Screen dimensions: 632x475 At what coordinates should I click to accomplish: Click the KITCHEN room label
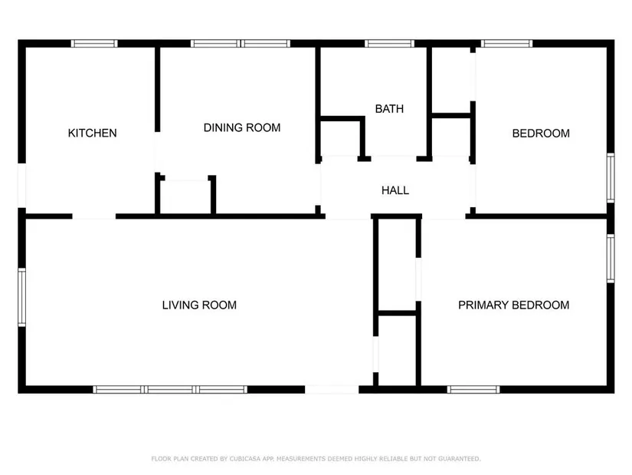coord(92,133)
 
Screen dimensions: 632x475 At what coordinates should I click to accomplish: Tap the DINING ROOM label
coord(242,127)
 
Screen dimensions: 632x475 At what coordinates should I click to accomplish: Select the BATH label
coord(389,109)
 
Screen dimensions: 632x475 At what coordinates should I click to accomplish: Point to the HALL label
coord(395,190)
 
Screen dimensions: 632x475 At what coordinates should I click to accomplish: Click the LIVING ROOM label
coord(199,305)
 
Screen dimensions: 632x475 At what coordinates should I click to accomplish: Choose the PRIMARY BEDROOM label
coord(513,305)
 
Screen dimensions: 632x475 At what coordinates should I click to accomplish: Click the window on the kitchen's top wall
coord(94,43)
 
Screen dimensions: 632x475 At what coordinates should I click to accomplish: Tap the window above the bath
coord(389,43)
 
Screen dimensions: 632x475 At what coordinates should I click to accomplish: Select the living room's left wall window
coord(21,297)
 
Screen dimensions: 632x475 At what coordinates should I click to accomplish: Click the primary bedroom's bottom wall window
coord(473,389)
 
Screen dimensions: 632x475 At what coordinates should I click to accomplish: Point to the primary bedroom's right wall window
coord(611,258)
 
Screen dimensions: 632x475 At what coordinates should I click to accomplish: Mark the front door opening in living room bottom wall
coord(332,389)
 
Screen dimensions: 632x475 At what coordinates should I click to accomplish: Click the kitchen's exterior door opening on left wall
coord(21,186)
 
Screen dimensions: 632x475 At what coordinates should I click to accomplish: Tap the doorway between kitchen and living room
coord(94,216)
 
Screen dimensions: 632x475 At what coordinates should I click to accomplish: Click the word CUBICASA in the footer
coord(245,459)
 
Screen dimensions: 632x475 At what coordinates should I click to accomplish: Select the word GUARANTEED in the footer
coord(459,459)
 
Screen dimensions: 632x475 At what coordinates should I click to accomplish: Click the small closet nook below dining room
coord(185,196)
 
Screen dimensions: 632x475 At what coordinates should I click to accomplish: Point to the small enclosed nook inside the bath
coord(340,139)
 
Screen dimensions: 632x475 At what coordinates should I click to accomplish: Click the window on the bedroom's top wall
coord(506,43)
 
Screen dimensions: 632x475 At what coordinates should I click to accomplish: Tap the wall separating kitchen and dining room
coord(158,90)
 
